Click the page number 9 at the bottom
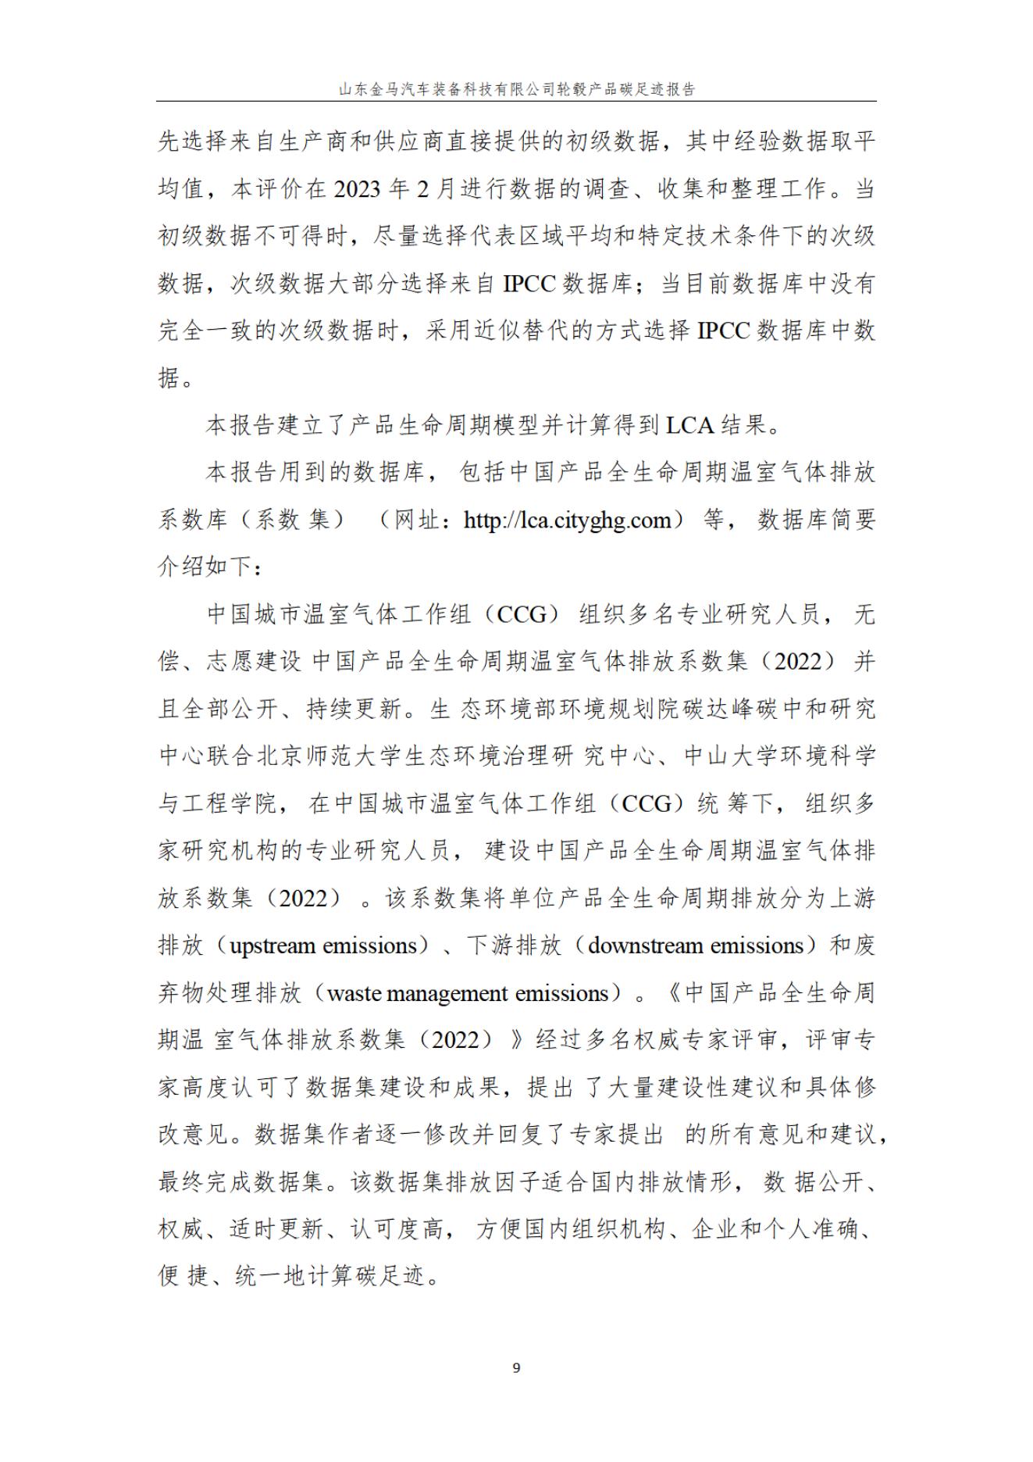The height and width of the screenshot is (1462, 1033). point(516,1367)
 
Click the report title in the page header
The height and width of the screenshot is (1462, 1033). point(516,89)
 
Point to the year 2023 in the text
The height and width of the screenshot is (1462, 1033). point(361,189)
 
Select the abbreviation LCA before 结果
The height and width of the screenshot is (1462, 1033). point(689,425)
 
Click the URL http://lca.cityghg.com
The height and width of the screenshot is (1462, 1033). point(568,520)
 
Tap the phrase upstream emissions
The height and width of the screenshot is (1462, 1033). point(323,945)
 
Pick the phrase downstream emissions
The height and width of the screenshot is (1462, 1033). point(695,945)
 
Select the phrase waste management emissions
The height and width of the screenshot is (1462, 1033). point(468,993)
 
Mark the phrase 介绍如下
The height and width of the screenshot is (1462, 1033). point(205,567)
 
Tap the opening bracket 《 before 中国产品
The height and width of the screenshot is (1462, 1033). point(671,993)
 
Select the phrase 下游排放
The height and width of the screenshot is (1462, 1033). point(515,945)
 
